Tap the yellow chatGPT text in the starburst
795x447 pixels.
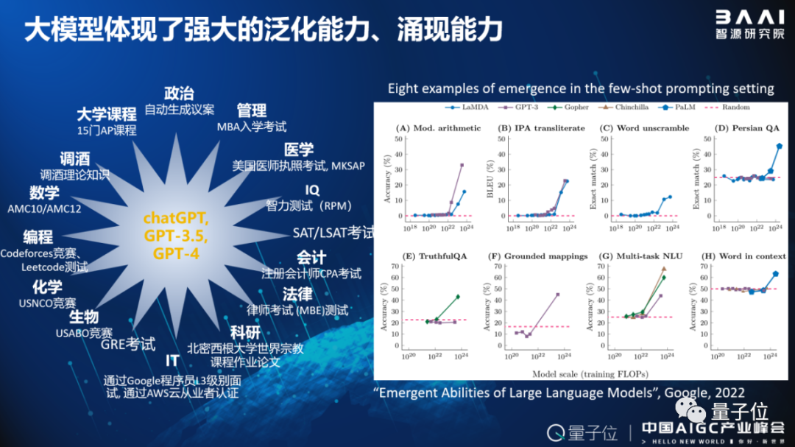pyautogui.click(x=176, y=218)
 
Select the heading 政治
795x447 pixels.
pyautogui.click(x=179, y=94)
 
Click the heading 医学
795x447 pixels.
pyautogui.click(x=299, y=149)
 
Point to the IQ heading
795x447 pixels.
pyautogui.click(x=312, y=191)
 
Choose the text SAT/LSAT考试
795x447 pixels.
pyautogui.click(x=333, y=233)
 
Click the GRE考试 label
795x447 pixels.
pyautogui.click(x=128, y=343)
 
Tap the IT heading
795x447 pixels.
pyautogui.click(x=172, y=362)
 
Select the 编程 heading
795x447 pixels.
pyautogui.click(x=38, y=237)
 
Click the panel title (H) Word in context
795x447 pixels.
pyautogui.click(x=741, y=256)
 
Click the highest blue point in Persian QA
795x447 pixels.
pyautogui.click(x=779, y=146)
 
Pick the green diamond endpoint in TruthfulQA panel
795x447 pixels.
pyautogui.click(x=458, y=297)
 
